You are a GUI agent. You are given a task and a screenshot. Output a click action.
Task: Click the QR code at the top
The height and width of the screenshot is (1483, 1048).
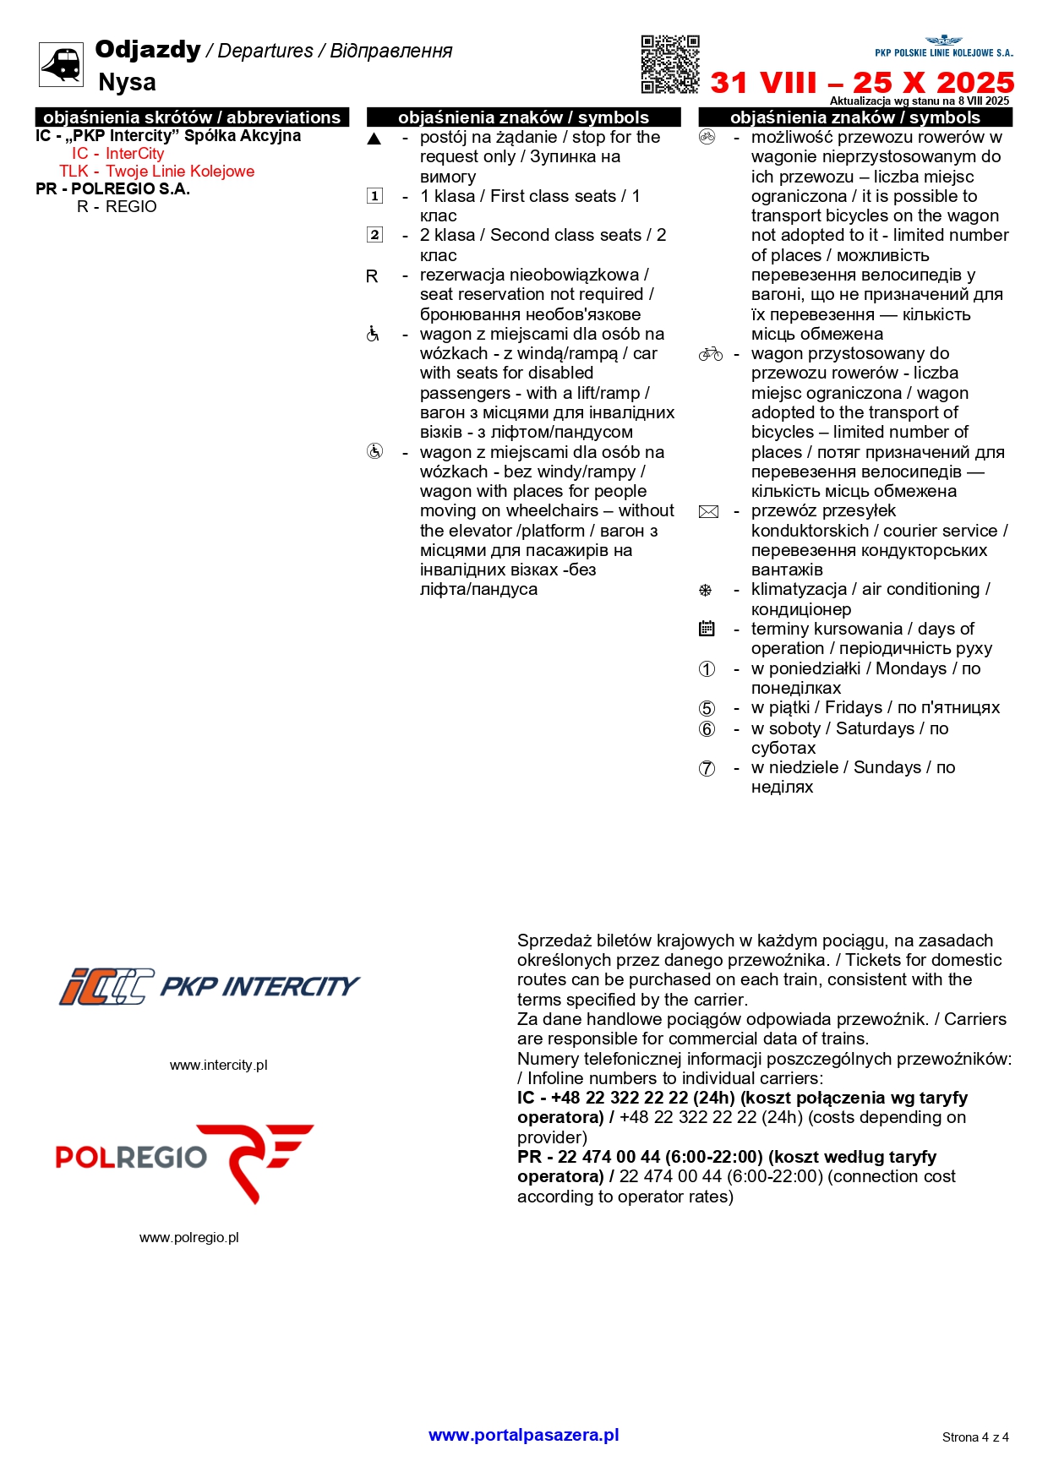coord(670,64)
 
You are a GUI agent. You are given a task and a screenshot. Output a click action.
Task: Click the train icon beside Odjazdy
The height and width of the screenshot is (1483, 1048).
coord(61,64)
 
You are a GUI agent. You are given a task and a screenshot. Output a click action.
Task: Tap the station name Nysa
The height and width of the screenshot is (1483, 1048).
coord(127,83)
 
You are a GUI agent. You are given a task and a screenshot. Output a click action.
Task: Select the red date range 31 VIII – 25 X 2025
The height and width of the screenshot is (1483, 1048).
coord(861,83)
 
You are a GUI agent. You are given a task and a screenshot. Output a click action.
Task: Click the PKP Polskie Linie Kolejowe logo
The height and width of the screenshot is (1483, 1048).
coord(943,46)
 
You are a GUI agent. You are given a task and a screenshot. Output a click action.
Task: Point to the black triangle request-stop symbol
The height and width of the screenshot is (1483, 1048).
coord(374,139)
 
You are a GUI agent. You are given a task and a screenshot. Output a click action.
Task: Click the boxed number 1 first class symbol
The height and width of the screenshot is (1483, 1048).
coord(374,196)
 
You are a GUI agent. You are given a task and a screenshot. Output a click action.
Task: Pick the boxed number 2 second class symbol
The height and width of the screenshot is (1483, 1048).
coord(374,235)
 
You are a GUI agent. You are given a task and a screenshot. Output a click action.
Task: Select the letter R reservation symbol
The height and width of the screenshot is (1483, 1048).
coord(372,276)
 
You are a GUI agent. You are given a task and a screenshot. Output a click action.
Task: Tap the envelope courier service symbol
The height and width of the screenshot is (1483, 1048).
coord(708,512)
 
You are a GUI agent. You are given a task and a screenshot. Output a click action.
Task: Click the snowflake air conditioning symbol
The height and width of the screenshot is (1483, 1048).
coord(706,591)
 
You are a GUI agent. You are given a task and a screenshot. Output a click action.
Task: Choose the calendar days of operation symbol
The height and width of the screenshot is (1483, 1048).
coord(707,629)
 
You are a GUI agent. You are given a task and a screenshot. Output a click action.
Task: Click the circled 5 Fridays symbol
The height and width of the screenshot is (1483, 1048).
coord(707,708)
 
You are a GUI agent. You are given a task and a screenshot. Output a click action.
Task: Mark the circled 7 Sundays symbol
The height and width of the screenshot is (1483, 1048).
coord(707,768)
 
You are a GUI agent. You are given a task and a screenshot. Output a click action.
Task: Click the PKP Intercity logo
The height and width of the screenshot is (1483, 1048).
coord(209,986)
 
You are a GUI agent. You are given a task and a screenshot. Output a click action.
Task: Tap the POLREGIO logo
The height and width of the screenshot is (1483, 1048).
coord(184,1161)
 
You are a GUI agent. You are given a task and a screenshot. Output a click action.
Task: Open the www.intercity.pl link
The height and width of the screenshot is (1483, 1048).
coord(218,1065)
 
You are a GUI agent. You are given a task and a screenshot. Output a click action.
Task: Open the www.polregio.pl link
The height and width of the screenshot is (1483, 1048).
coord(188,1237)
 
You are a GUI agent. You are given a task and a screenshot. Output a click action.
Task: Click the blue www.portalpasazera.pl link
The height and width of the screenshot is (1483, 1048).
coord(523,1434)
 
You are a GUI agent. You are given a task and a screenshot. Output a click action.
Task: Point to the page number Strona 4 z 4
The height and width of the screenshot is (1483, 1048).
coord(974,1437)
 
